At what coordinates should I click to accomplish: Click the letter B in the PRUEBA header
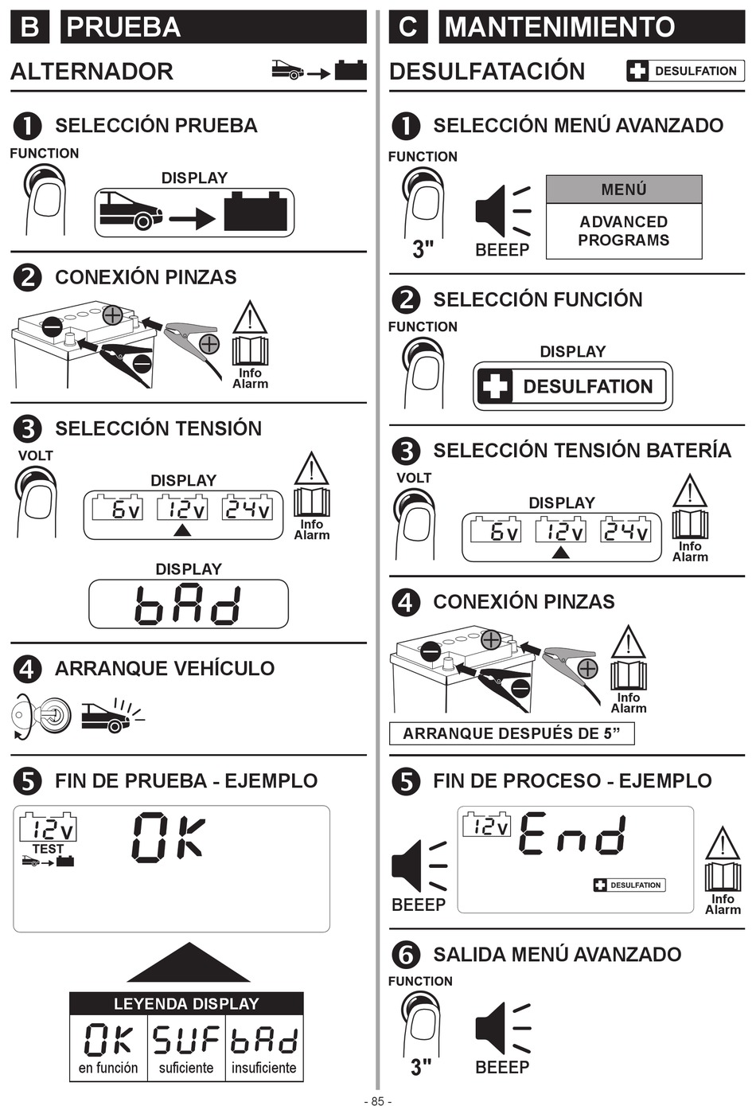pos(29,26)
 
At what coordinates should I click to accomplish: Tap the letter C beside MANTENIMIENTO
pos(407,26)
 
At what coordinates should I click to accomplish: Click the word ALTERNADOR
pos(92,72)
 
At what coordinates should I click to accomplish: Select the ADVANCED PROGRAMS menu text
pos(624,231)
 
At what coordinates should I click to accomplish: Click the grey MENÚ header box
pos(624,189)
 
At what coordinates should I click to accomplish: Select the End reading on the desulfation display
pos(573,834)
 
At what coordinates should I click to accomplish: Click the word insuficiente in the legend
pos(264,1068)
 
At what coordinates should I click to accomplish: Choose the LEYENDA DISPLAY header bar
pos(186,1004)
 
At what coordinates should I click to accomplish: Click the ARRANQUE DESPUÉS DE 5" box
pos(512,733)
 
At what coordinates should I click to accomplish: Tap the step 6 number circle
pos(406,956)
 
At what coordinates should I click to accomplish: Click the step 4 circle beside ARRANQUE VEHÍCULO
pos(28,669)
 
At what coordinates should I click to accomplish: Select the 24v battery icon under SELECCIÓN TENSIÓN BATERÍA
pos(625,530)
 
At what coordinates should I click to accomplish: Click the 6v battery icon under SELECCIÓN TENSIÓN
pos(118,507)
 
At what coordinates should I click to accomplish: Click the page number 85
pos(377,1100)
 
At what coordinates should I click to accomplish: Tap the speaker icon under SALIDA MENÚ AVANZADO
pos(502,1029)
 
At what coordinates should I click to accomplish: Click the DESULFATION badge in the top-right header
pos(685,71)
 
